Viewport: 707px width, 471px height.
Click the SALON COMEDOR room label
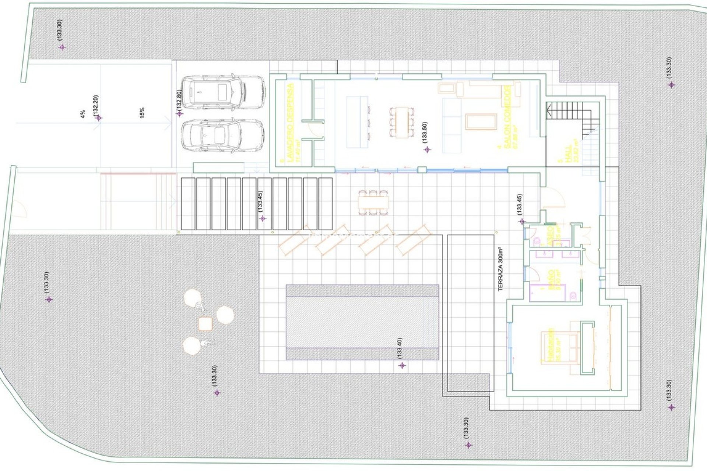click(507, 117)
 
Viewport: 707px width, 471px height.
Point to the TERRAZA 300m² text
click(500, 269)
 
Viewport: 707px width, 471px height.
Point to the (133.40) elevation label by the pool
click(400, 348)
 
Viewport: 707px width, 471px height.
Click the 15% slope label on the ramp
click(142, 112)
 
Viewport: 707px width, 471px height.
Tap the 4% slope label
click(83, 114)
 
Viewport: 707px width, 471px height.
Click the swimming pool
click(362, 322)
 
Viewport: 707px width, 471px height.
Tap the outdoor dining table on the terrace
click(373, 203)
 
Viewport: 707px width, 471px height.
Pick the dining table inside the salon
click(401, 122)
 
